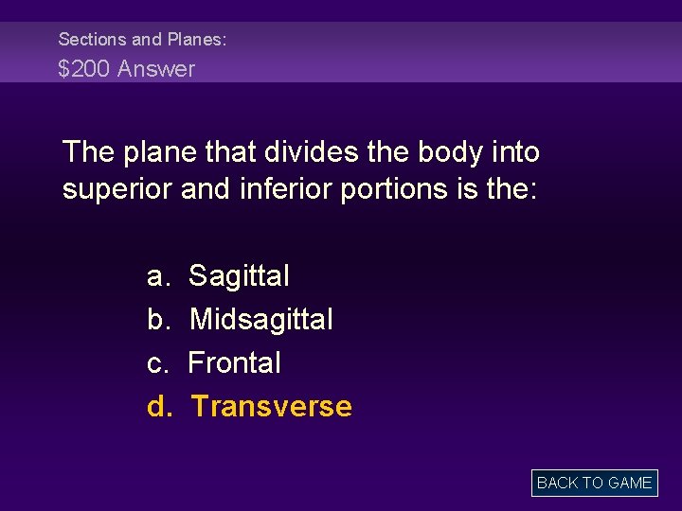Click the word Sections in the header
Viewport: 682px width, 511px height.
(x=92, y=40)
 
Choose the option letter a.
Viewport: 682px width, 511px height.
(x=157, y=277)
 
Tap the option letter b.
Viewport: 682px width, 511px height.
(x=157, y=320)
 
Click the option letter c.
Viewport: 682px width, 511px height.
(x=157, y=363)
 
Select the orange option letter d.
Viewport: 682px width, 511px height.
(x=158, y=407)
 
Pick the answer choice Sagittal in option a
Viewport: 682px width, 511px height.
(x=239, y=277)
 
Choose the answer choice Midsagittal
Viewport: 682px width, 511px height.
(x=260, y=320)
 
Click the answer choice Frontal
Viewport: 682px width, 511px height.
(x=235, y=363)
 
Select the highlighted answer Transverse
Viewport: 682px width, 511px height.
(x=271, y=407)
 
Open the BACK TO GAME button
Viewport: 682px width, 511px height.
(x=594, y=483)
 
